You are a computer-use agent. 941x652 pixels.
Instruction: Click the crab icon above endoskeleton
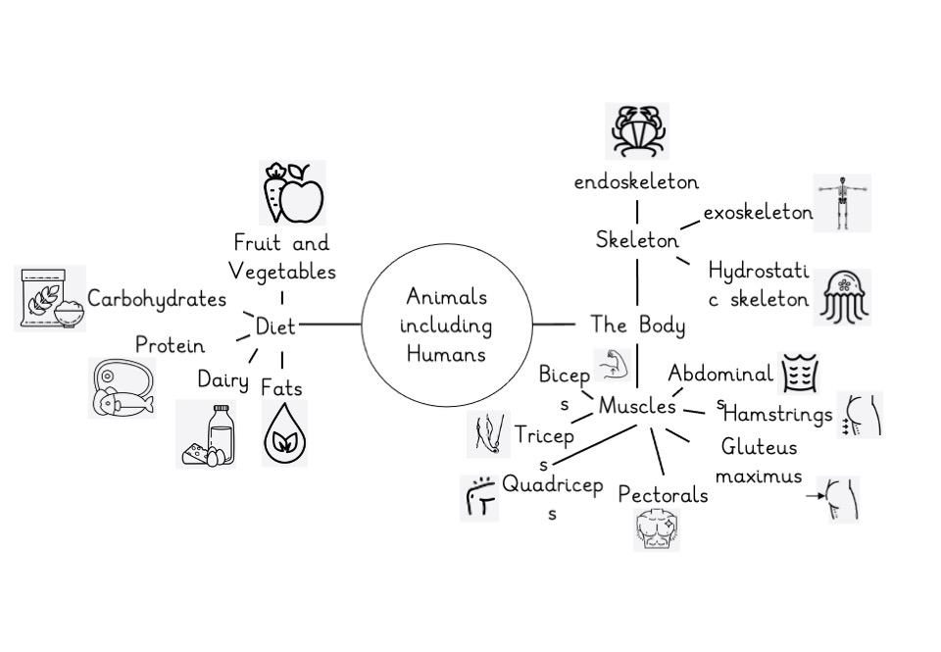637,131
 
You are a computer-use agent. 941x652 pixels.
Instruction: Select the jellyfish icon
842,296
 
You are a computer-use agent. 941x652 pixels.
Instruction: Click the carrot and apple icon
291,193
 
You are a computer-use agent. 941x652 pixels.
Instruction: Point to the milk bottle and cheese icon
206,433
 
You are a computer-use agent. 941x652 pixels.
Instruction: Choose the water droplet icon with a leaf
284,433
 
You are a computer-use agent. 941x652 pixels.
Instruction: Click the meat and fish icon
122,387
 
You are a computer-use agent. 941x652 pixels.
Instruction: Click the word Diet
274,326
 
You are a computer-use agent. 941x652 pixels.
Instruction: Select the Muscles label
637,405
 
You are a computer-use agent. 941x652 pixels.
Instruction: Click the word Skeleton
637,240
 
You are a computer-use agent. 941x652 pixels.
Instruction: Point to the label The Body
637,325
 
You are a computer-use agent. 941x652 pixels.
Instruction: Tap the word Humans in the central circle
446,354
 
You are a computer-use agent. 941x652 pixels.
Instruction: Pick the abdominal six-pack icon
798,374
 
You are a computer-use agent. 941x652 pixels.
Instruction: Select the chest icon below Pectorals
656,530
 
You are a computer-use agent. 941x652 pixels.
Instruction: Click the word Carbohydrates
157,299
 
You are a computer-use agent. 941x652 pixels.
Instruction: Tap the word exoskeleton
758,212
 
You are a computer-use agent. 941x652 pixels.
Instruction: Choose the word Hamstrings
777,415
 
